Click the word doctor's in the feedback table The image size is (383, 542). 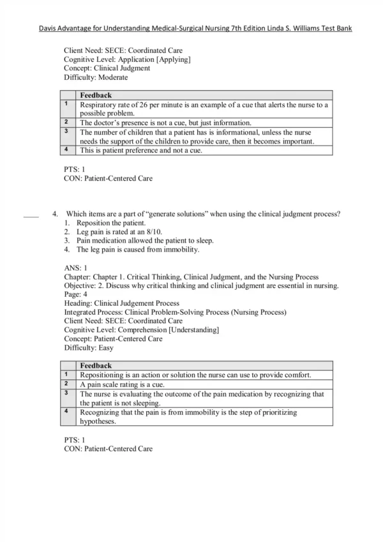pyautogui.click(x=106, y=123)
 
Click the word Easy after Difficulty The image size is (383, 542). pyautogui.click(x=103, y=348)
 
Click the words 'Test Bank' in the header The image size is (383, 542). pyautogui.click(x=334, y=29)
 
